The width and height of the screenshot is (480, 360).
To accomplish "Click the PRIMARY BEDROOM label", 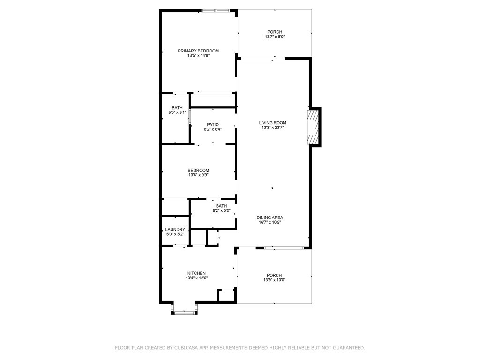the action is pos(198,51).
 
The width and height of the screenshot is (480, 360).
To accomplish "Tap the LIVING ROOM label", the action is pos(273,123).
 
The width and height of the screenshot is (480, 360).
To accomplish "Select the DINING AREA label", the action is pos(270,217).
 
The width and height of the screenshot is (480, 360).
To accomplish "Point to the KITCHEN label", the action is pos(196,273).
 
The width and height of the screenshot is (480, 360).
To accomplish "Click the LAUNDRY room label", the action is pos(175,230).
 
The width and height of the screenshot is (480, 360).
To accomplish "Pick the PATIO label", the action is pos(213,125).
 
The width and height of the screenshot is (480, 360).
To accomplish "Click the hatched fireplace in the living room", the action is pos(313,127).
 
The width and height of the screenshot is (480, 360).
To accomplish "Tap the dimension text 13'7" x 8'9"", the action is pos(275,37).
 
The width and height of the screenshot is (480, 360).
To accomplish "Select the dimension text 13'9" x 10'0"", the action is pos(274,280).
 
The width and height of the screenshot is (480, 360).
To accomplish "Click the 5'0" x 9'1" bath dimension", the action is pos(177,112).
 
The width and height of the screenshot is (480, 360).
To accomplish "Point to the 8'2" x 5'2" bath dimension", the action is pos(221,210).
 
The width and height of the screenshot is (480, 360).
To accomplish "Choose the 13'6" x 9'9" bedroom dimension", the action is pos(198,175).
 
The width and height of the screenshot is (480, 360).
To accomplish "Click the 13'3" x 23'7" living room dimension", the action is pos(273,127).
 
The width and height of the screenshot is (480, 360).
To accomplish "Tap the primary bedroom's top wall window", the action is pos(216,11).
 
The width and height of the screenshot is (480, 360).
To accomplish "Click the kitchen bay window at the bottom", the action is pos(184,313).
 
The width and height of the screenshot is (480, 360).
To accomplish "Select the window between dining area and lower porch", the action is pos(284,247).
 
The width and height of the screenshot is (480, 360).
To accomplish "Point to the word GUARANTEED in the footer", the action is pos(349,348).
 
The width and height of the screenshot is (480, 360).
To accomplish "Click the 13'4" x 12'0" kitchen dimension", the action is pos(196,278).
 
